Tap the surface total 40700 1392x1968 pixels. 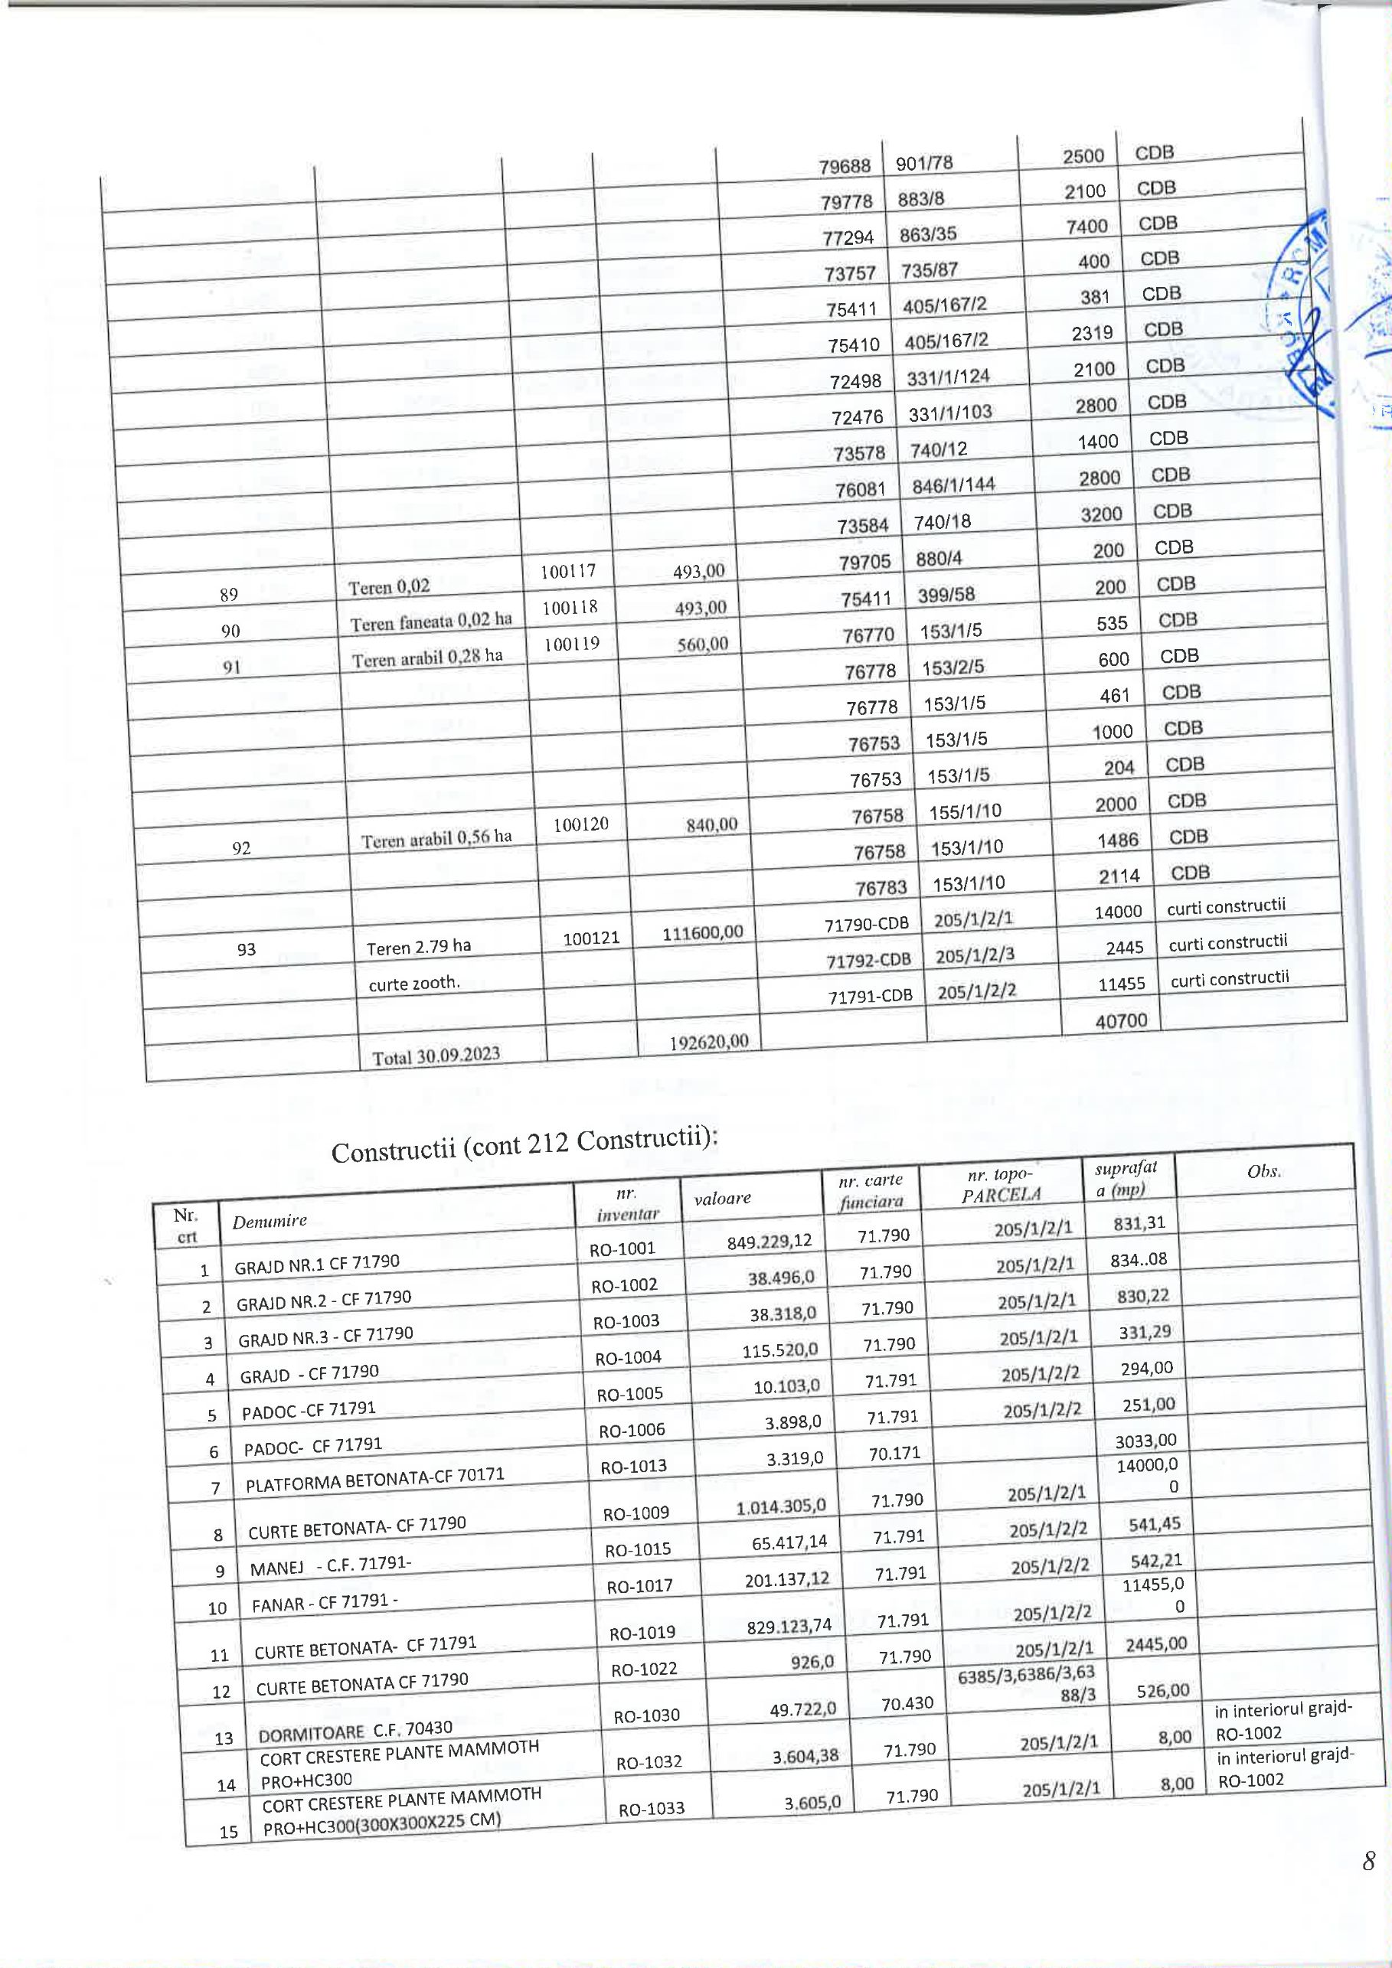(x=1121, y=1020)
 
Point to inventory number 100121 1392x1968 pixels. (x=590, y=938)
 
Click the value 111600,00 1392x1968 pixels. (x=703, y=932)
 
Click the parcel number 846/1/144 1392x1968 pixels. (x=953, y=485)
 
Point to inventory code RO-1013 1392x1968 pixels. (x=633, y=1467)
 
